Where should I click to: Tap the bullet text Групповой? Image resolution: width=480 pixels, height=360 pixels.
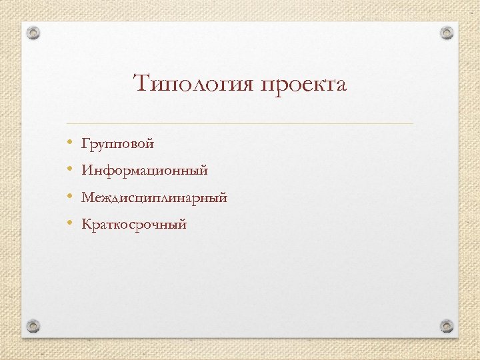click(117, 144)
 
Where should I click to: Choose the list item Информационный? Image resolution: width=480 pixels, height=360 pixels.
click(145, 171)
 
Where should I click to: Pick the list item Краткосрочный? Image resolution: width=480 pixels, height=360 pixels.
click(134, 225)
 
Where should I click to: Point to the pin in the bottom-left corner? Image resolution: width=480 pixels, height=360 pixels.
click(34, 326)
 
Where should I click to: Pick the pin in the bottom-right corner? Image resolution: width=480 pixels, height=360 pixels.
click(446, 326)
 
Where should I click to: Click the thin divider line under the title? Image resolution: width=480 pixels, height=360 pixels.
click(240, 124)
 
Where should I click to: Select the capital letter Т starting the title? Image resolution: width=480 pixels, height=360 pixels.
click(141, 85)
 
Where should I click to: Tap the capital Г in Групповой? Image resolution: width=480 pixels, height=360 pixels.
click(85, 143)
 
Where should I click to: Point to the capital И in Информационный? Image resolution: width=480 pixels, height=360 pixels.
click(87, 171)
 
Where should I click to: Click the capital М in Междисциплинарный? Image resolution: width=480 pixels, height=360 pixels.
click(87, 197)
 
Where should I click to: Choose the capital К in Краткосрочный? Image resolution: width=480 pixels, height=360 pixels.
click(86, 224)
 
